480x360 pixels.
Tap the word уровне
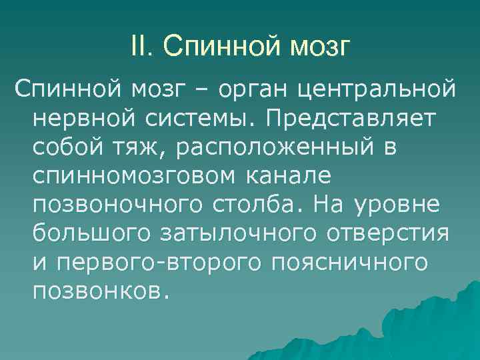[x=402, y=203]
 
